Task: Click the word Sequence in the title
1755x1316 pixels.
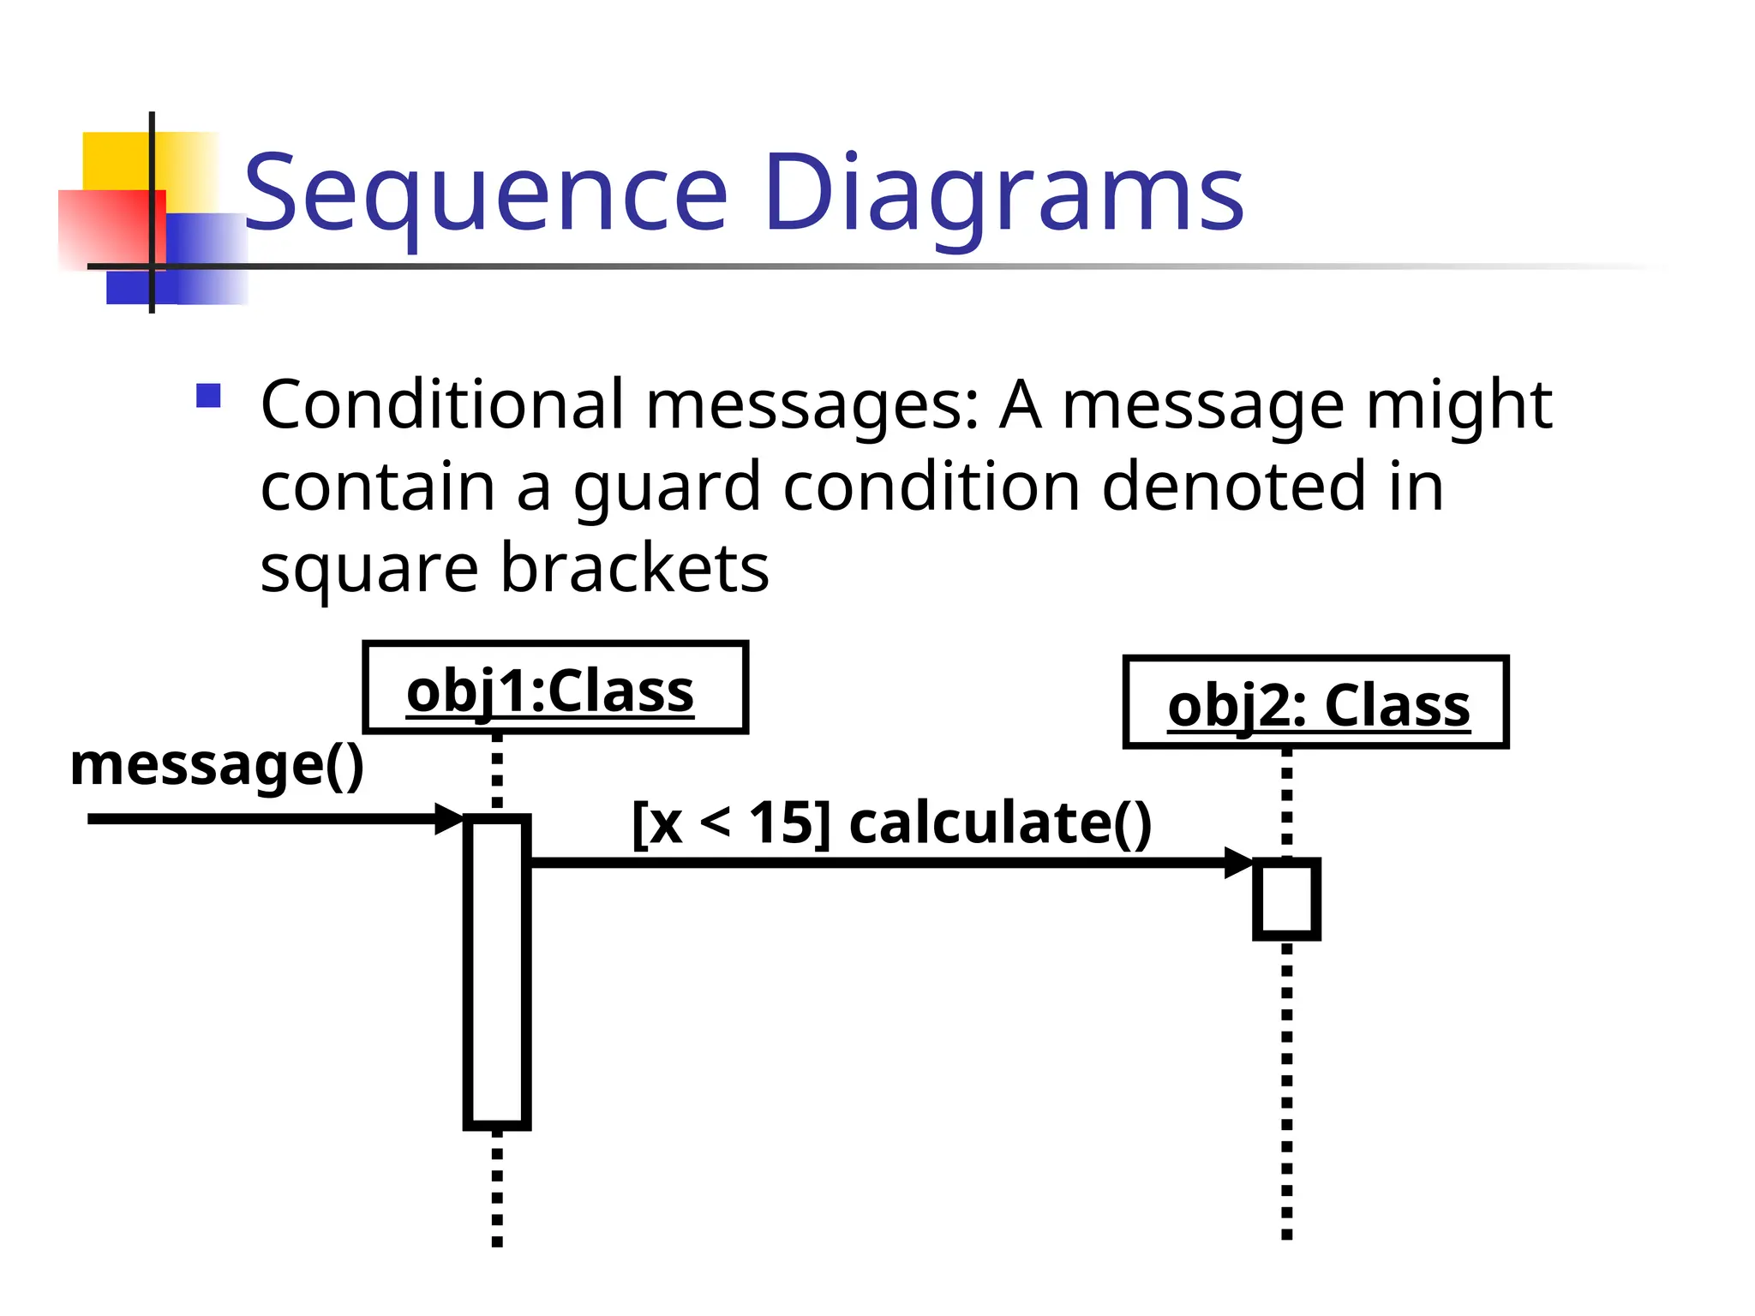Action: click(x=485, y=194)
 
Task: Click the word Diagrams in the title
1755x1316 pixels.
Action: click(x=1003, y=194)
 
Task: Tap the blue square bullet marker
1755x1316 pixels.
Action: click(x=208, y=396)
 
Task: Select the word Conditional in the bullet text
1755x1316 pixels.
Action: click(x=442, y=404)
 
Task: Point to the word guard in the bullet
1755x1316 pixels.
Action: click(x=667, y=487)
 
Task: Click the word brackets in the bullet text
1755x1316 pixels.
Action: click(x=634, y=568)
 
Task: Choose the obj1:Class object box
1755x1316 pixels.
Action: click(x=555, y=688)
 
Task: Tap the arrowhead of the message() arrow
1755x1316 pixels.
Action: click(x=449, y=819)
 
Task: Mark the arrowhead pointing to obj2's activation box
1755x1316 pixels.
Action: click(x=1239, y=862)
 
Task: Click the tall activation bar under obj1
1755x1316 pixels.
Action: click(x=497, y=972)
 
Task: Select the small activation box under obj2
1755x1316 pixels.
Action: click(x=1286, y=899)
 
